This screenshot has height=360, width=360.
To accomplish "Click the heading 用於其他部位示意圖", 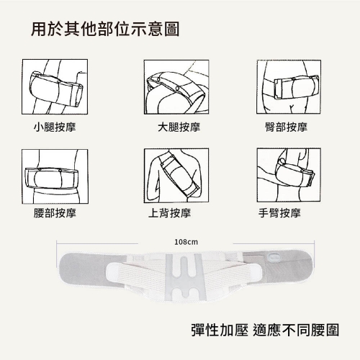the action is click(105, 30).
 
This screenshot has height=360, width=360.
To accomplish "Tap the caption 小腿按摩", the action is click(55, 127).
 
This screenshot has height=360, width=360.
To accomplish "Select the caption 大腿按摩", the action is click(179, 127).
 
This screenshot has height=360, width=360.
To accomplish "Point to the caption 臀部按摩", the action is click(286, 127).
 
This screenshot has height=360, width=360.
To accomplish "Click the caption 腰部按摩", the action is click(55, 213).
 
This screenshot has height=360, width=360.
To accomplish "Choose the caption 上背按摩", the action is click(170, 213).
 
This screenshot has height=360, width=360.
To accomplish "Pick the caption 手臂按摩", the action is click(279, 213).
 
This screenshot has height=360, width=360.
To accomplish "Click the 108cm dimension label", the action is click(186, 242).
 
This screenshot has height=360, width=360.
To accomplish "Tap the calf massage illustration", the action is click(55, 86).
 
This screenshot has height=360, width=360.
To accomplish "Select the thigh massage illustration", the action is click(176, 87).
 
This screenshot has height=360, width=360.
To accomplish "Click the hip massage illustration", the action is click(289, 86).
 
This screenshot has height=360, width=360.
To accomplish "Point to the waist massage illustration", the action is click(55, 176).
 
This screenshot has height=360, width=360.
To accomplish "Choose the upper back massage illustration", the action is click(176, 176).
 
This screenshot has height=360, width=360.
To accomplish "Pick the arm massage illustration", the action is click(289, 175).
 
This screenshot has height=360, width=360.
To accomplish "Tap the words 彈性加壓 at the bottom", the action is click(220, 330).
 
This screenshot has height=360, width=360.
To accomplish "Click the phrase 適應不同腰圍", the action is click(296, 330).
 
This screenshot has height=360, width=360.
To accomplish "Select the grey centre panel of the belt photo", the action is click(186, 277).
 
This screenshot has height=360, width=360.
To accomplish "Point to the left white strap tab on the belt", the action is click(115, 273).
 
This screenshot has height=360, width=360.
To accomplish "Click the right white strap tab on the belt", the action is click(255, 273).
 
